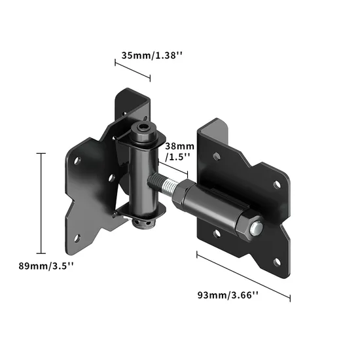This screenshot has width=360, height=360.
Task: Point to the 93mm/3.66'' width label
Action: click(228, 295)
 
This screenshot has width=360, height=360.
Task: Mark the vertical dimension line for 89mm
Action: click(42, 203)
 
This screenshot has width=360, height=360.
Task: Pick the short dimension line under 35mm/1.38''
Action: click(133, 71)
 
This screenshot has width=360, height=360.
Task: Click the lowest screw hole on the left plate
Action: click(79, 238)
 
